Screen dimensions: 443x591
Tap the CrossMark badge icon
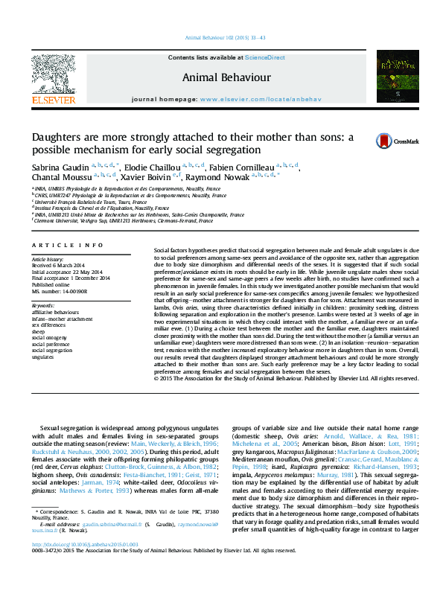383,141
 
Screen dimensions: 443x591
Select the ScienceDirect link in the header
266,57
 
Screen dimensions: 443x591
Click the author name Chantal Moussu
61,177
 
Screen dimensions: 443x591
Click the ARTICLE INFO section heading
67,245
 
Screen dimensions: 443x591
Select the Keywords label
43,305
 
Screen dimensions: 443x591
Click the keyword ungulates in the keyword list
44,357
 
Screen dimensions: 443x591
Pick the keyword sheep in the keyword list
39,330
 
